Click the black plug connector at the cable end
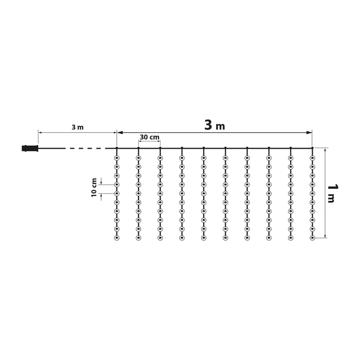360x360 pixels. pos(30,148)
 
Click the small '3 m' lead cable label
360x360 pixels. pos(77,127)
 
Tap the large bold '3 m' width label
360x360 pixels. pos(214,125)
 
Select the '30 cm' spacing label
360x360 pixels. pos(149,137)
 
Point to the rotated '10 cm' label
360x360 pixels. pos(94,187)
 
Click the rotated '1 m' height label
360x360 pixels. pos(332,194)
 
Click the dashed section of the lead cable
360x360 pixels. pos(85,148)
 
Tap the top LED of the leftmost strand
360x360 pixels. pos(117,157)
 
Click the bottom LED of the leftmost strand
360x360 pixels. pos(117,238)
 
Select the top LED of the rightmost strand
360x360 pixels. pos(312,157)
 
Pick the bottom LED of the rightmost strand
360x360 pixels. pos(312,238)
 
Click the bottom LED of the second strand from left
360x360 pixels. pos(138,238)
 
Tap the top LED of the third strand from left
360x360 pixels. pos(160,157)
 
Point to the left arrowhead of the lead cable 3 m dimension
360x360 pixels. pos(41,133)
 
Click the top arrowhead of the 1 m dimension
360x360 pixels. pos(326,150)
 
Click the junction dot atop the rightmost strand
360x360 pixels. pos(312,148)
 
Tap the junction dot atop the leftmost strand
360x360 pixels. pos(117,148)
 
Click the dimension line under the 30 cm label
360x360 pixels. pos(149,141)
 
